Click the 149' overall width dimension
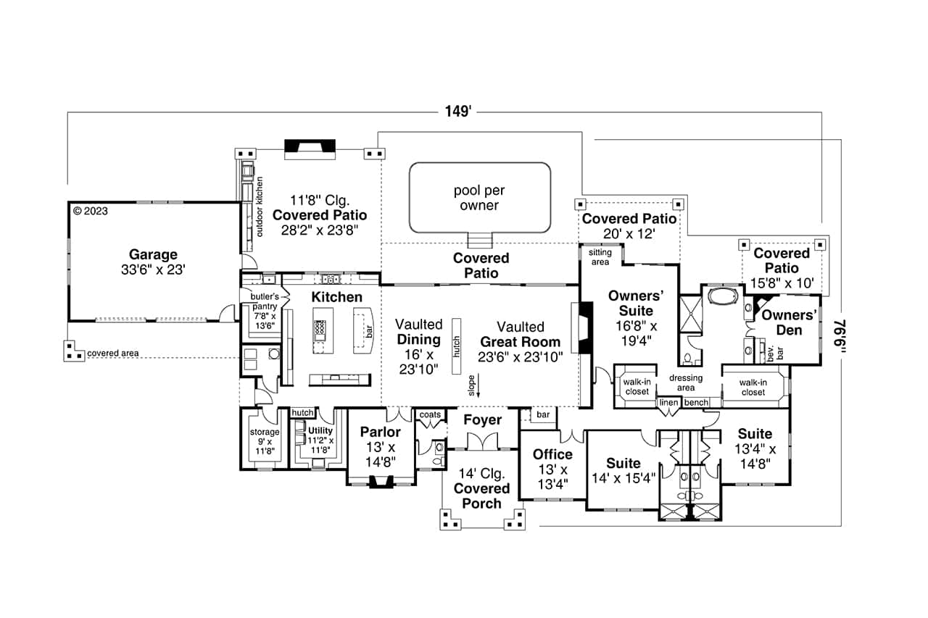click(458, 112)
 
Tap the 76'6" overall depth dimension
click(842, 338)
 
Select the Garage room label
click(153, 254)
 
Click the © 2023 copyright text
click(90, 212)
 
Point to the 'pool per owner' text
click(479, 198)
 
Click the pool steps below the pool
click(479, 240)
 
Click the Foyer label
click(482, 420)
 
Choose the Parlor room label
click(381, 433)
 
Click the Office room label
click(552, 454)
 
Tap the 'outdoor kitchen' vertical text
click(260, 207)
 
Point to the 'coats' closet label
click(429, 414)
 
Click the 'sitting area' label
click(600, 256)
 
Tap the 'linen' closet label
click(668, 402)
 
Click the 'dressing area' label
click(686, 383)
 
